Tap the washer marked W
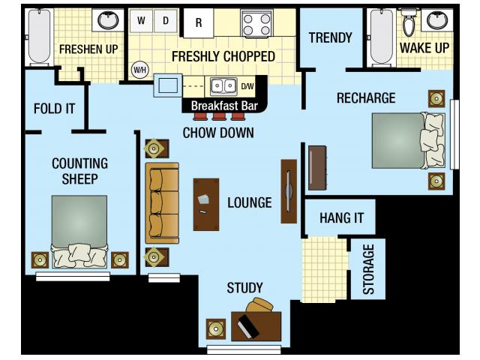[x=141, y=21]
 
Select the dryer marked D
[x=165, y=21]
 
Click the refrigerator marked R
[x=199, y=23]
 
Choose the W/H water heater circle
[x=139, y=70]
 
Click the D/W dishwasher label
[x=247, y=85]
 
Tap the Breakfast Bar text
[x=224, y=106]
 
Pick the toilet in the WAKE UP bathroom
[x=409, y=24]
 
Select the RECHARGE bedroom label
[x=366, y=97]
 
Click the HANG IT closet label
[x=341, y=218]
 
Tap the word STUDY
[x=244, y=288]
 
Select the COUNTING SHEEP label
[x=80, y=171]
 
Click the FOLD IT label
[x=55, y=108]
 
